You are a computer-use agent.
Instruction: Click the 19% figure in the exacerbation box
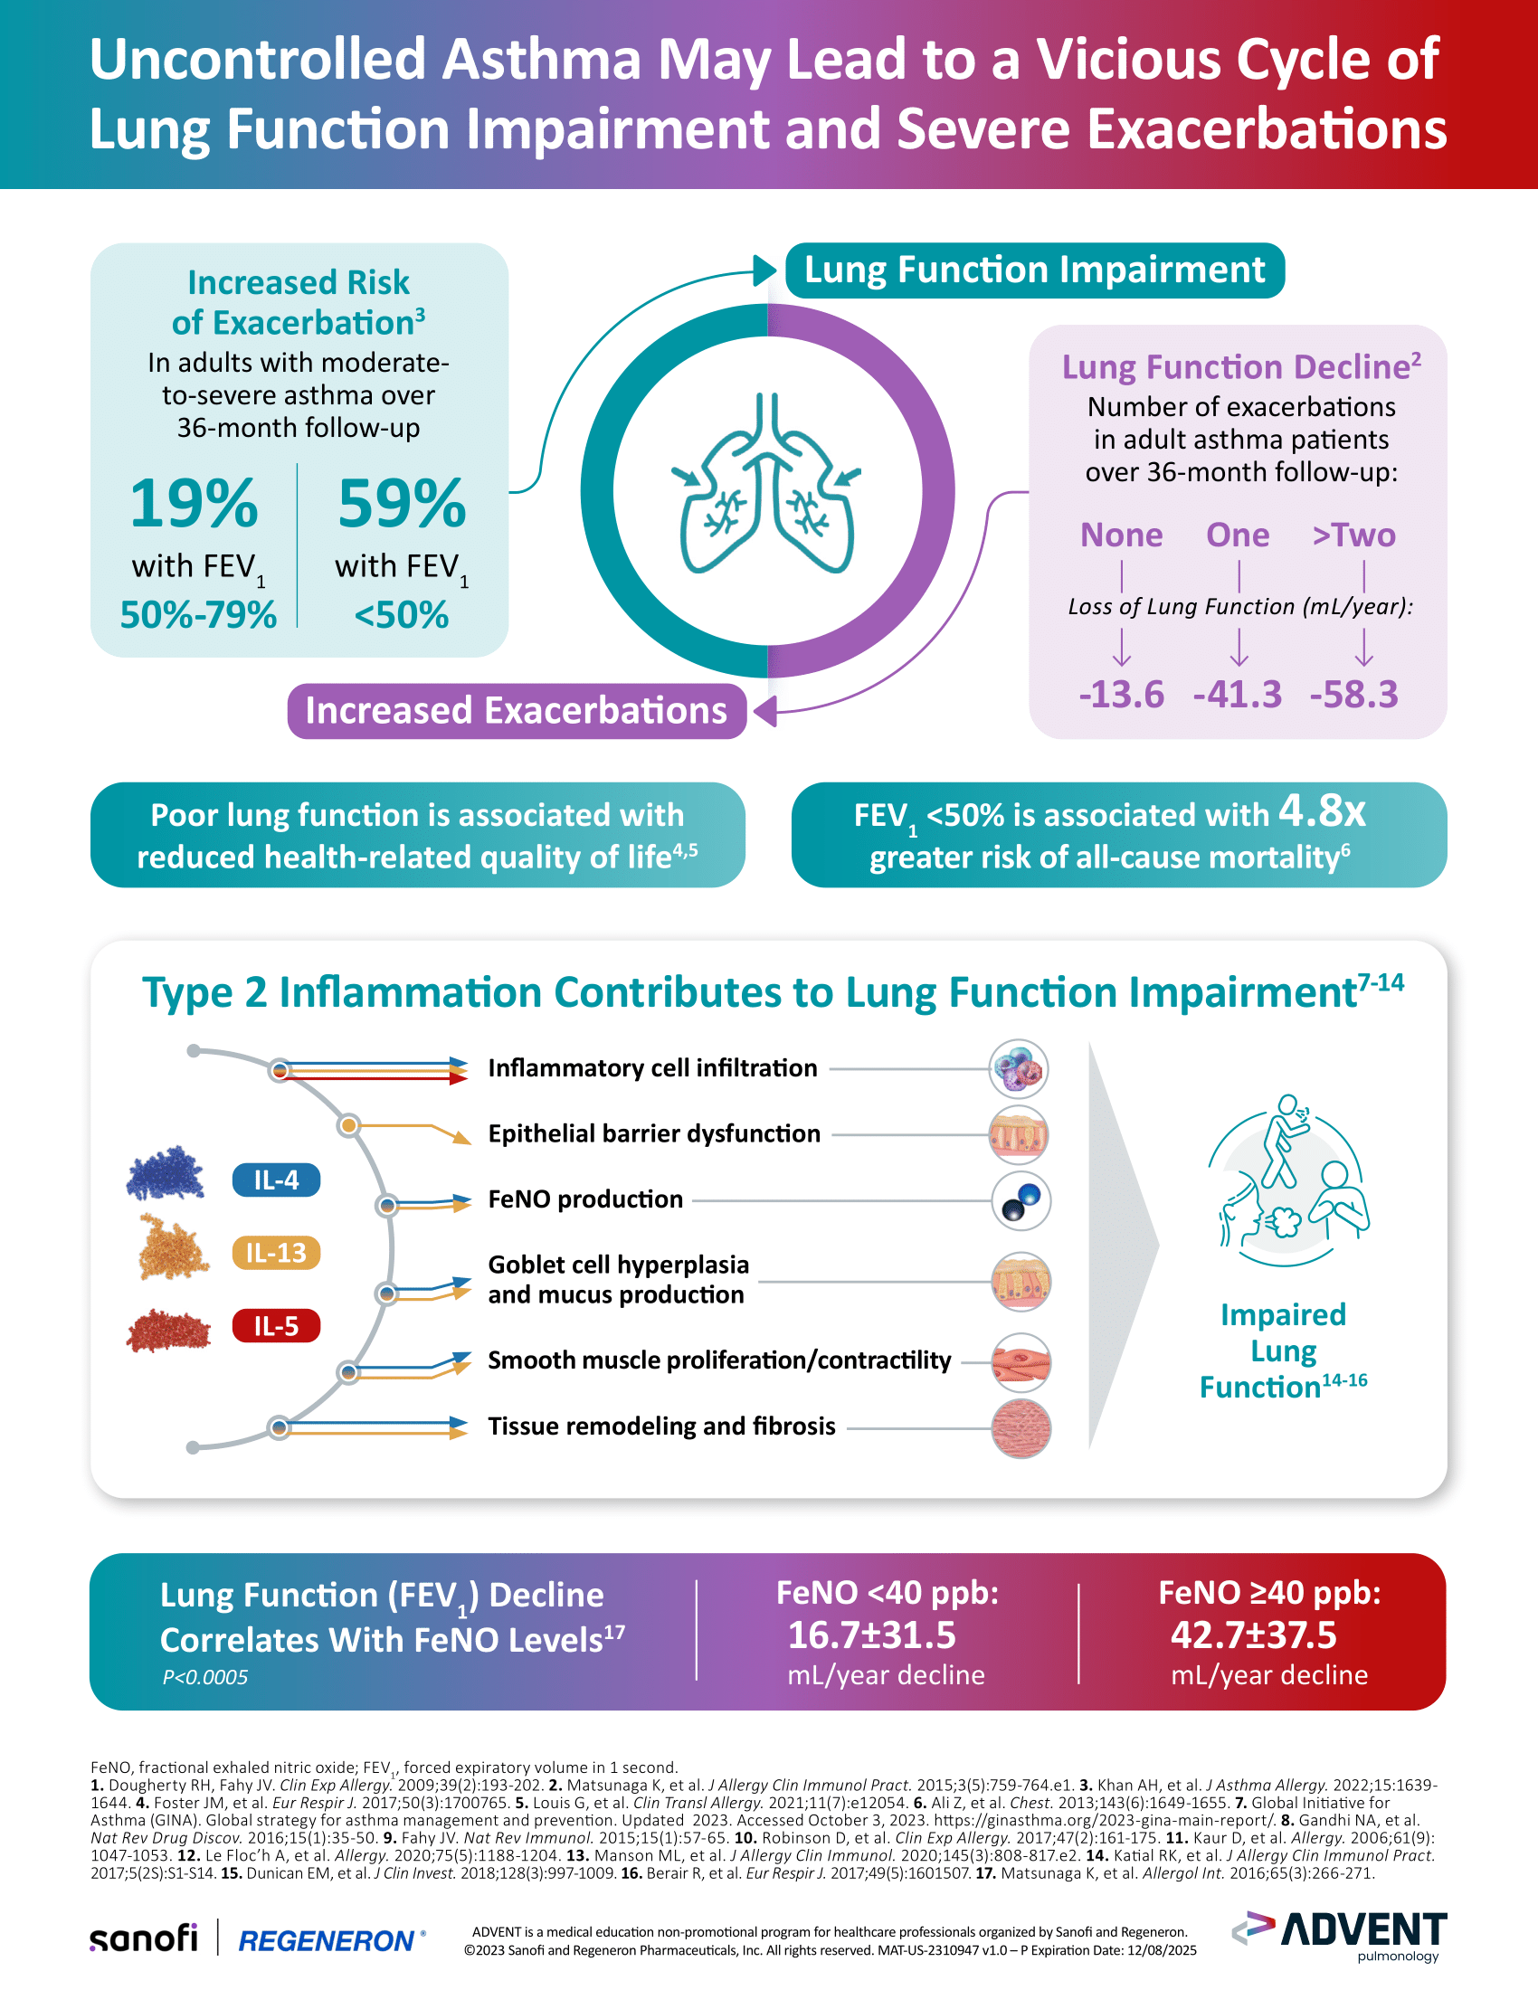pyautogui.click(x=194, y=503)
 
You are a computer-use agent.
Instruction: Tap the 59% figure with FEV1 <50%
pyautogui.click(x=402, y=503)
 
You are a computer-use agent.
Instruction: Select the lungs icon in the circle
pyautogui.click(x=767, y=484)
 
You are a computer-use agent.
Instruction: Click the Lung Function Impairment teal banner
pyautogui.click(x=1034, y=270)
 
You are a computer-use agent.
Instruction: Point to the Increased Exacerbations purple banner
pyautogui.click(x=516, y=711)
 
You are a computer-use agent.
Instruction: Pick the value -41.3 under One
pyautogui.click(x=1238, y=695)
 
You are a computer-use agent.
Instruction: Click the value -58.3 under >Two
pyautogui.click(x=1354, y=695)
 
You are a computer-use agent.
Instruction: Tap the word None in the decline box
pyautogui.click(x=1121, y=535)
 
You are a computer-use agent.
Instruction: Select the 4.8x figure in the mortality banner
pyautogui.click(x=1321, y=810)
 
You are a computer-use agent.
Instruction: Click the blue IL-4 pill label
pyautogui.click(x=276, y=1180)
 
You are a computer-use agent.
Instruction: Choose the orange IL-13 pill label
pyautogui.click(x=276, y=1253)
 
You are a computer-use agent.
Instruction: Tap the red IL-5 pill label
pyautogui.click(x=276, y=1326)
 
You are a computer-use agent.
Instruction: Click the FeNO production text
pyautogui.click(x=585, y=1199)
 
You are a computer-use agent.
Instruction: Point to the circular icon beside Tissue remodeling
pyautogui.click(x=1021, y=1428)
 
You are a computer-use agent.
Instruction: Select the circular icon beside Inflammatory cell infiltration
pyautogui.click(x=1019, y=1069)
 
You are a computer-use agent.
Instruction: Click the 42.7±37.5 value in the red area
pyautogui.click(x=1253, y=1635)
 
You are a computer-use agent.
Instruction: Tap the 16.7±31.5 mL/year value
pyautogui.click(x=871, y=1635)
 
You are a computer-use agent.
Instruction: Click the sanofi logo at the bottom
pyautogui.click(x=143, y=1938)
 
